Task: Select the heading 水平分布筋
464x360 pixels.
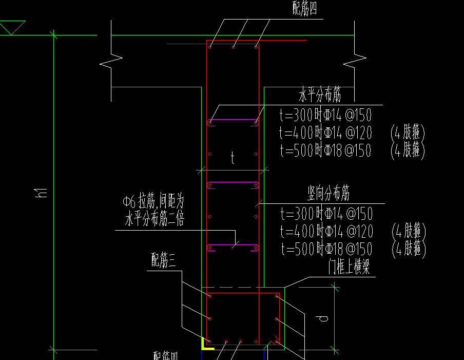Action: [320, 95]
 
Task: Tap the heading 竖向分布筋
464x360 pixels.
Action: [328, 194]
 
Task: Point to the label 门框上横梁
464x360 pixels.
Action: [349, 267]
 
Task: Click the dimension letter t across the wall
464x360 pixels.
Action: [233, 158]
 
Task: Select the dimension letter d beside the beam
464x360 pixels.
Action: [323, 318]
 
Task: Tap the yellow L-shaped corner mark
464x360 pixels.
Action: [207, 344]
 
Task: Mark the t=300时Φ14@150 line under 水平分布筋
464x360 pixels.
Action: [325, 115]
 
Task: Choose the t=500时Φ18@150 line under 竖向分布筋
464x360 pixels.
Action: [327, 250]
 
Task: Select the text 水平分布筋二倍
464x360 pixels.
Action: [154, 220]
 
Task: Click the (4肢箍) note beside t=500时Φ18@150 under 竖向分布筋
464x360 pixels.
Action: [409, 250]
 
